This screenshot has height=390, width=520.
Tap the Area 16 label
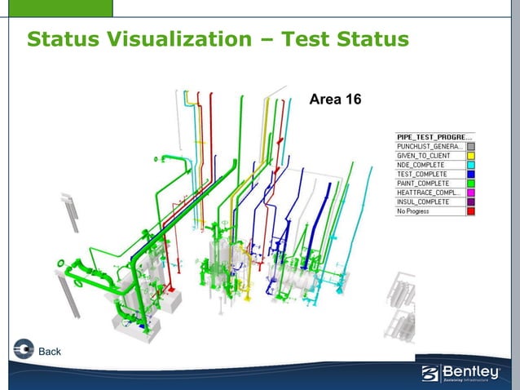pos(335,100)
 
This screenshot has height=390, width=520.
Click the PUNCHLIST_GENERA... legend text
pos(430,146)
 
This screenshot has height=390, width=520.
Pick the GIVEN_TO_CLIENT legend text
pos(424,155)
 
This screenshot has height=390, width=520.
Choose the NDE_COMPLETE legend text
pos(421,165)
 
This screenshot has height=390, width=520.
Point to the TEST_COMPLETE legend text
pos(421,174)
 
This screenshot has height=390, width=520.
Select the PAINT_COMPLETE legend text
pos(423,184)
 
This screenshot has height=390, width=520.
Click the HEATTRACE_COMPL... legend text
pos(430,193)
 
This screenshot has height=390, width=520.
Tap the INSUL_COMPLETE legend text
pos(423,202)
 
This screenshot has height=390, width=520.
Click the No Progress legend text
pos(413,211)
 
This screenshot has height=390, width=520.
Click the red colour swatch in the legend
pos(470,211)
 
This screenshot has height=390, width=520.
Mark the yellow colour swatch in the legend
pos(470,155)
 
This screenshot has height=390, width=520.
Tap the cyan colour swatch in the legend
pos(470,165)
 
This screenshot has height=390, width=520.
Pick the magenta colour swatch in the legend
pos(470,193)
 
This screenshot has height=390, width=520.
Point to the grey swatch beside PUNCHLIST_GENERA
pos(470,146)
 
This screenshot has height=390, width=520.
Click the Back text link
pos(51,352)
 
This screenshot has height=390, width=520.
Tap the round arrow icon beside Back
pos(24,348)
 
